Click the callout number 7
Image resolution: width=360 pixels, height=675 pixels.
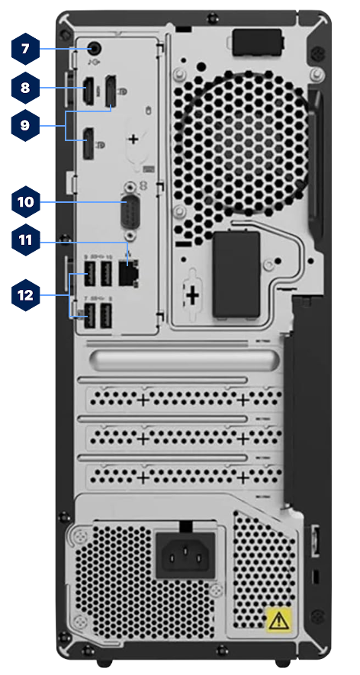point(25,49)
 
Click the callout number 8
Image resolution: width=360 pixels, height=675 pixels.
point(25,88)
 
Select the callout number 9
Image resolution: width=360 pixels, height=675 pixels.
point(25,125)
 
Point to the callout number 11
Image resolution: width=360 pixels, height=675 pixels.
point(25,239)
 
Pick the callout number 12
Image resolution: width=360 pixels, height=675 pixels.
point(25,294)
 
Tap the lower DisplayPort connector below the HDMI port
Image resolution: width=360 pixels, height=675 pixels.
point(88,144)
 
